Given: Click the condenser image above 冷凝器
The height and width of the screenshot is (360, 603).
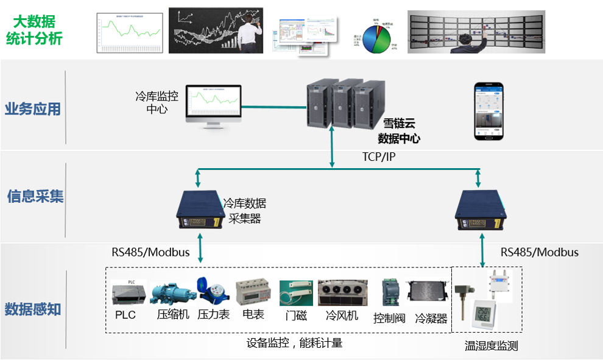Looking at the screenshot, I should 429,295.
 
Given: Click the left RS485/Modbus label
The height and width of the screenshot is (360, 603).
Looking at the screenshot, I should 150,252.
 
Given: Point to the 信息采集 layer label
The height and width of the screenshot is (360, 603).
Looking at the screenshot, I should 35,197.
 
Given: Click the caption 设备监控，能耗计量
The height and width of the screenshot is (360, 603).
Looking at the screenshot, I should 294,343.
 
